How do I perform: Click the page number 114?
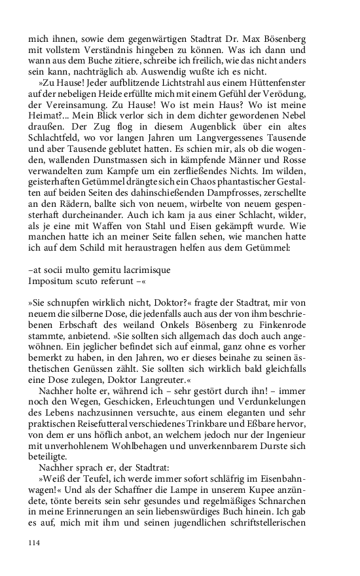[35, 543]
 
